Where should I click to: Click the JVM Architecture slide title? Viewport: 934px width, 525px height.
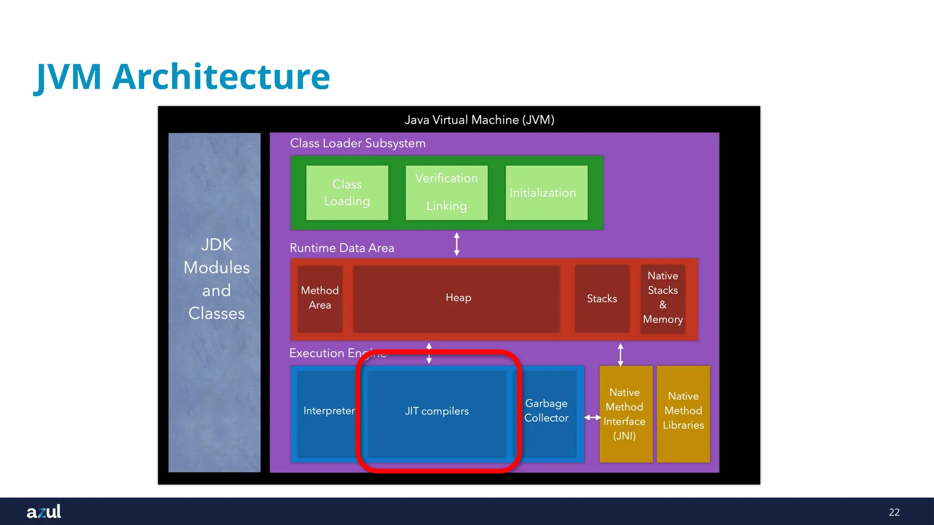pyautogui.click(x=182, y=77)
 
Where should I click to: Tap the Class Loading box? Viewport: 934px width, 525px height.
pyautogui.click(x=347, y=193)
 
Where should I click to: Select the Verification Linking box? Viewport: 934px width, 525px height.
pyautogui.click(x=446, y=192)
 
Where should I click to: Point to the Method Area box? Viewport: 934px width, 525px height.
pyautogui.click(x=320, y=298)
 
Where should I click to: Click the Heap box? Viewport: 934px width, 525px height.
pyautogui.click(x=457, y=298)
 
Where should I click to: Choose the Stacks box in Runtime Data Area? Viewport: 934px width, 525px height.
pyautogui.click(x=602, y=299)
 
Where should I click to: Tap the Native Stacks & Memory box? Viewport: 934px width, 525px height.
pyautogui.click(x=663, y=298)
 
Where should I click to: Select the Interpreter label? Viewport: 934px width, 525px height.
pyautogui.click(x=328, y=411)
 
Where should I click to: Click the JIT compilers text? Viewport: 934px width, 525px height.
pyautogui.click(x=436, y=411)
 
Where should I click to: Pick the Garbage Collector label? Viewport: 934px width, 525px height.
pyautogui.click(x=546, y=411)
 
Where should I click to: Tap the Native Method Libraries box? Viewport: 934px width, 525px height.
pyautogui.click(x=683, y=411)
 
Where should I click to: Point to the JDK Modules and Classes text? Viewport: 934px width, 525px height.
pyautogui.click(x=216, y=279)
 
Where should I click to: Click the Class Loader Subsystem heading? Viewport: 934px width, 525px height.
pyautogui.click(x=358, y=143)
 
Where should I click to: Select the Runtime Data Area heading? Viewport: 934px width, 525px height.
pyautogui.click(x=342, y=248)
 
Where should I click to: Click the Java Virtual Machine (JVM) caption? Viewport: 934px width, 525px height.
pyautogui.click(x=479, y=120)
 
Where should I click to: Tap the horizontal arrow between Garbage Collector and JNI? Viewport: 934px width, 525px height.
pyautogui.click(x=592, y=417)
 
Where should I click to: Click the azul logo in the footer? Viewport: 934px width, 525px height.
pyautogui.click(x=44, y=511)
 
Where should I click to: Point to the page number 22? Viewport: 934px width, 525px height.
pyautogui.click(x=894, y=512)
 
